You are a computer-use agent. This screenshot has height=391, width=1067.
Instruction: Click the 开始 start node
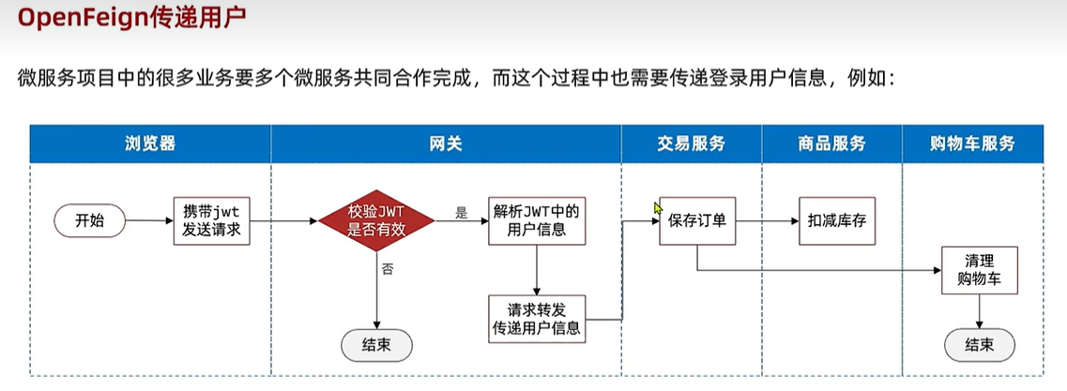[x=90, y=221]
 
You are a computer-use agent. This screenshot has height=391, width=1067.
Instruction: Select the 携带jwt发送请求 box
[x=212, y=221]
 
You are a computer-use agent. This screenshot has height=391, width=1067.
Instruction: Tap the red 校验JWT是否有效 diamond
[x=376, y=221]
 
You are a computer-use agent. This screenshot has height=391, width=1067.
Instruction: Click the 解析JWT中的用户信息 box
[x=535, y=220]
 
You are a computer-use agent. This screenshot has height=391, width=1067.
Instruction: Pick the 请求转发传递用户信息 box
[x=535, y=318]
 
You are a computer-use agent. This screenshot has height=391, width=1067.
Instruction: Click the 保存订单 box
[x=696, y=222]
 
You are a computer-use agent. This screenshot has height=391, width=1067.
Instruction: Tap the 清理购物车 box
[x=978, y=268]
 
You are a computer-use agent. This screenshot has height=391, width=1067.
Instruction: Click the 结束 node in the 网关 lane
[x=376, y=345]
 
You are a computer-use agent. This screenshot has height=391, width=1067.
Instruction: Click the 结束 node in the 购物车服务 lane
[x=979, y=345]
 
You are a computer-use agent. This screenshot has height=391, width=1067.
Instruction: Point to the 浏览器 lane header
[x=150, y=143]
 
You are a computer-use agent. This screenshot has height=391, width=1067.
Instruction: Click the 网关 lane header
[x=446, y=143]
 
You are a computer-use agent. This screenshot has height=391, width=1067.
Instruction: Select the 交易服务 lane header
[x=692, y=143]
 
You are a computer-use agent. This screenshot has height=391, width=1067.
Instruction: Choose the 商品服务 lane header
[x=832, y=143]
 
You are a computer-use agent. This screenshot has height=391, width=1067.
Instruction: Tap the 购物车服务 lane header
[x=973, y=143]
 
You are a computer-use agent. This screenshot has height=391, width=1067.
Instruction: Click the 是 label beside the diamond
[x=461, y=213]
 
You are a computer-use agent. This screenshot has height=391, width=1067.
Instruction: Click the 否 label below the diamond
[x=387, y=269]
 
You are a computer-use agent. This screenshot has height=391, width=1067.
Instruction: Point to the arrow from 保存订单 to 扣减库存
[x=765, y=222]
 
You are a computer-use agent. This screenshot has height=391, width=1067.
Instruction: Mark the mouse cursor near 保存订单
[x=658, y=208]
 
